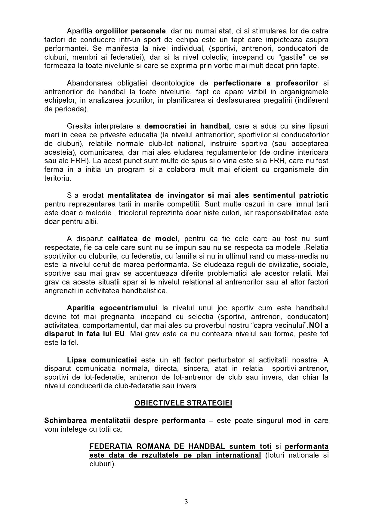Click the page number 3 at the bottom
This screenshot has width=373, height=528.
(186, 502)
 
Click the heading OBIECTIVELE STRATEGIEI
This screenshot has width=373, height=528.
(183, 403)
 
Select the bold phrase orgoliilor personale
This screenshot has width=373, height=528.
(130, 31)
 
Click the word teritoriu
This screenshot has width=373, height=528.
(58, 178)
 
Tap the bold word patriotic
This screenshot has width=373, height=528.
(314, 196)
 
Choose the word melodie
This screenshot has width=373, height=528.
(100, 213)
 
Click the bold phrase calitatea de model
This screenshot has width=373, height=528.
(143, 239)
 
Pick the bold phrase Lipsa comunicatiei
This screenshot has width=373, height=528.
(102, 360)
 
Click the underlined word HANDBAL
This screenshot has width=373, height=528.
(207, 446)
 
